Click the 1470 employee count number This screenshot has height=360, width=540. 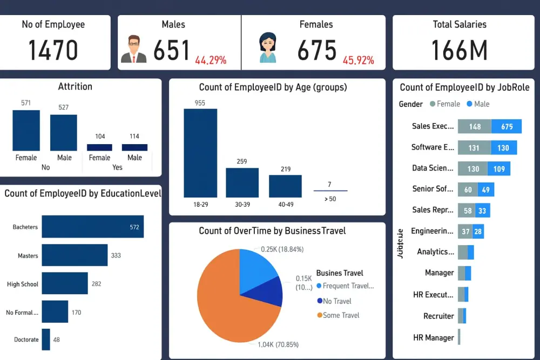click(x=53, y=50)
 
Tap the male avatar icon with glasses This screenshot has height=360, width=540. click(x=133, y=50)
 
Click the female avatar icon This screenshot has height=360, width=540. click(x=267, y=49)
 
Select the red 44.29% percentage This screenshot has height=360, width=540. click(x=211, y=60)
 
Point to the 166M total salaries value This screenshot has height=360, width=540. click(x=460, y=50)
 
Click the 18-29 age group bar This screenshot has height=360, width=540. click(x=200, y=153)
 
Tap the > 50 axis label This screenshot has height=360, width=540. click(x=330, y=199)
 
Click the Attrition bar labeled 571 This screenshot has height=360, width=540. click(x=26, y=130)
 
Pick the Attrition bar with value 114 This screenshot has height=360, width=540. click(x=134, y=147)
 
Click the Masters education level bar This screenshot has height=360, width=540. click(x=75, y=255)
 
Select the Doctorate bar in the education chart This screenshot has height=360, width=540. click(x=46, y=339)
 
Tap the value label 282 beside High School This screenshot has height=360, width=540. click(x=96, y=284)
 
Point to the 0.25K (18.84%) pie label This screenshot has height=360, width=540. click(x=282, y=249)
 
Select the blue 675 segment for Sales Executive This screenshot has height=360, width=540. click(x=507, y=126)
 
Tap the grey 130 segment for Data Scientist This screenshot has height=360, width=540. click(x=473, y=168)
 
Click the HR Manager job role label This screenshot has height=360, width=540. click(x=433, y=337)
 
